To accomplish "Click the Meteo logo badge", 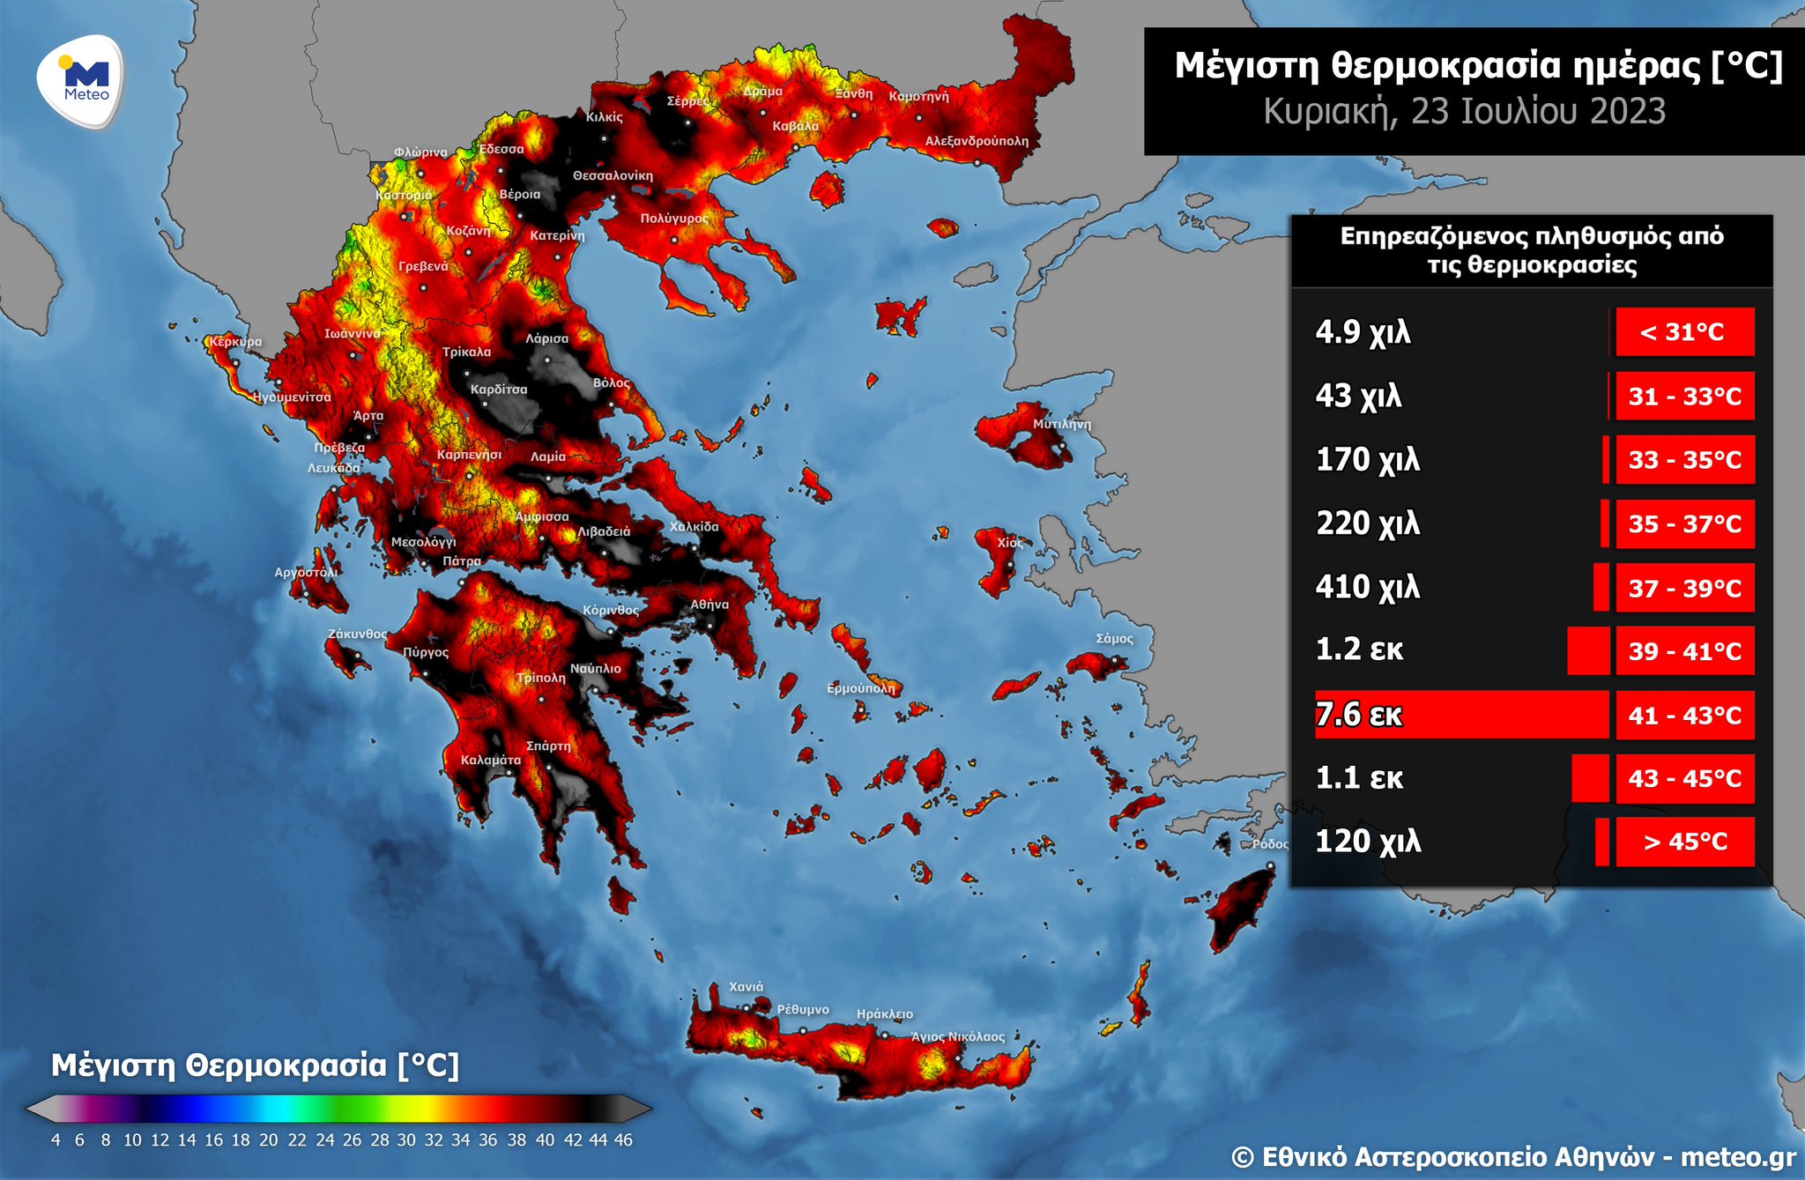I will pos(80,81).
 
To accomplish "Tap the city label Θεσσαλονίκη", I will pos(613,176).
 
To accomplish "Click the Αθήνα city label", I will pos(709,605).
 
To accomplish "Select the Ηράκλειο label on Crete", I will pos(884,1014).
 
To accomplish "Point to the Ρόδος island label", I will pos(1270,844).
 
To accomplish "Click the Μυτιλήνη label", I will pos(1061,425).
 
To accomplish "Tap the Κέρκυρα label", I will pos(235,342).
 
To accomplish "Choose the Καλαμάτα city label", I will pos(491,760).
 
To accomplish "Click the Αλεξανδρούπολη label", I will pos(977,141).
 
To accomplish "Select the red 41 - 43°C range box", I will pos(1684,715).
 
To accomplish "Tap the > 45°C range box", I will pos(1684,842).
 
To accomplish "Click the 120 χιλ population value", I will pos(1367,842).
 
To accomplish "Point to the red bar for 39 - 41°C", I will pos(1588,651).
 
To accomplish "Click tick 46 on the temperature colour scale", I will pos(623,1139).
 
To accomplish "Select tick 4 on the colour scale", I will pos(56,1139).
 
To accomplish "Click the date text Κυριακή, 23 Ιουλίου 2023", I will pos(1464,112).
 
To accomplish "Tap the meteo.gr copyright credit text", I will pos(1512,1156).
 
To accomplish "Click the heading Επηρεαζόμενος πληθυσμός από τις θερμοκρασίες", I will pos(1531,250).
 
